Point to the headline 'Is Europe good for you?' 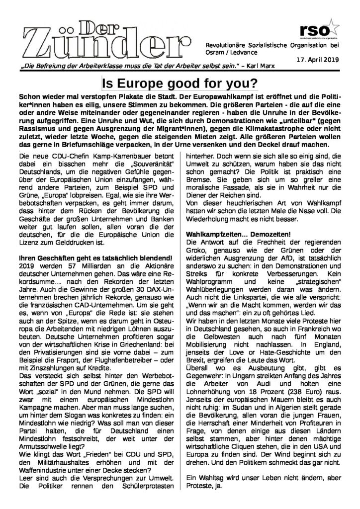[180, 82]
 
